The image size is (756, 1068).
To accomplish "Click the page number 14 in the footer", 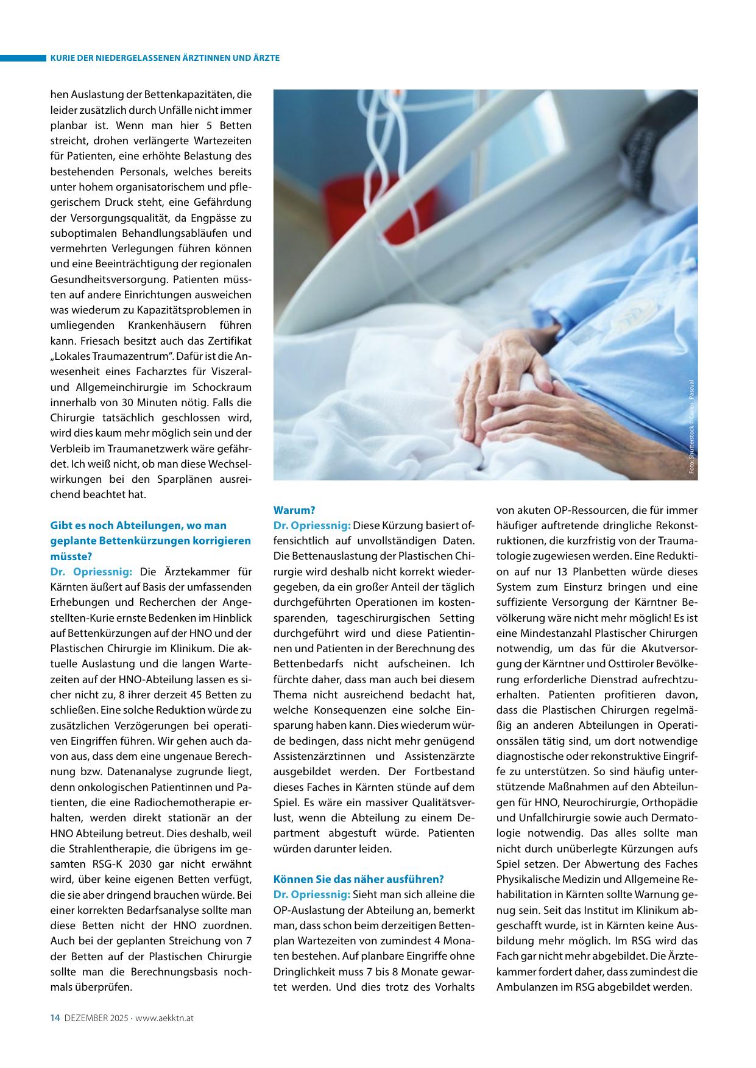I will [x=54, y=1017].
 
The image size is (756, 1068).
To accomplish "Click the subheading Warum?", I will [x=294, y=510].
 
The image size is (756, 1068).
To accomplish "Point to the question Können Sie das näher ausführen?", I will [x=359, y=879].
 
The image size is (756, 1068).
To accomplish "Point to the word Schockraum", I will [x=222, y=387].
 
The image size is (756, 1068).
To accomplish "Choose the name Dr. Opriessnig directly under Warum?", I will [x=312, y=525].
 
